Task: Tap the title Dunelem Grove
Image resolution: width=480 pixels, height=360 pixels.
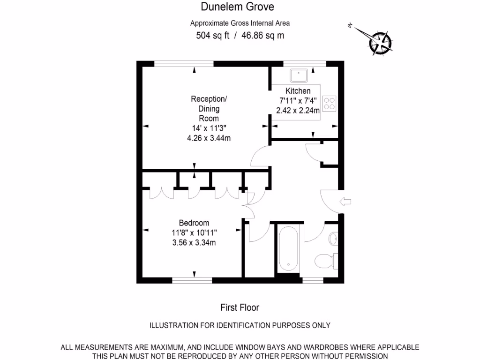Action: point(237,7)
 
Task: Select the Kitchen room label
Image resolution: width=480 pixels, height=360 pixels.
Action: point(298,91)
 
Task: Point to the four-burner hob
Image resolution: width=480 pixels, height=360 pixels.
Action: point(330,103)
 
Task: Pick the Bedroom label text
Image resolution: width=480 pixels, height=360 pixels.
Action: point(194,223)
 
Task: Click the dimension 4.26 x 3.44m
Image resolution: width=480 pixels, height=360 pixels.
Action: point(209,138)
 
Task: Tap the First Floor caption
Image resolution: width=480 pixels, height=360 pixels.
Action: point(240,307)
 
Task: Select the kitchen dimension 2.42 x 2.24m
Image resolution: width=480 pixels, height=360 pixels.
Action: point(298,111)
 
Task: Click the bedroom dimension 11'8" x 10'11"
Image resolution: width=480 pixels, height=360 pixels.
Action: point(194,232)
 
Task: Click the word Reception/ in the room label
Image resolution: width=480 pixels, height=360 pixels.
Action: point(209,99)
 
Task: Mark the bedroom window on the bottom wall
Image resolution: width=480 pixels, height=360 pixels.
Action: point(192,280)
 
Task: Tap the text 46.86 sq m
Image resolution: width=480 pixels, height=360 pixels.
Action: point(262,36)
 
